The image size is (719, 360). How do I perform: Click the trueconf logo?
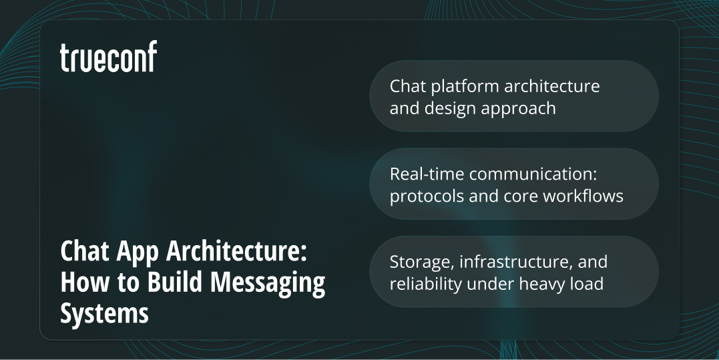108,57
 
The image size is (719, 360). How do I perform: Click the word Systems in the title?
104,313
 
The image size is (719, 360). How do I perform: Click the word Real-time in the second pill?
427,174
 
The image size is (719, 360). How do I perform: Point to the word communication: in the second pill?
532,174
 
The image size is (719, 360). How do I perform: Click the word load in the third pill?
588,283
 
